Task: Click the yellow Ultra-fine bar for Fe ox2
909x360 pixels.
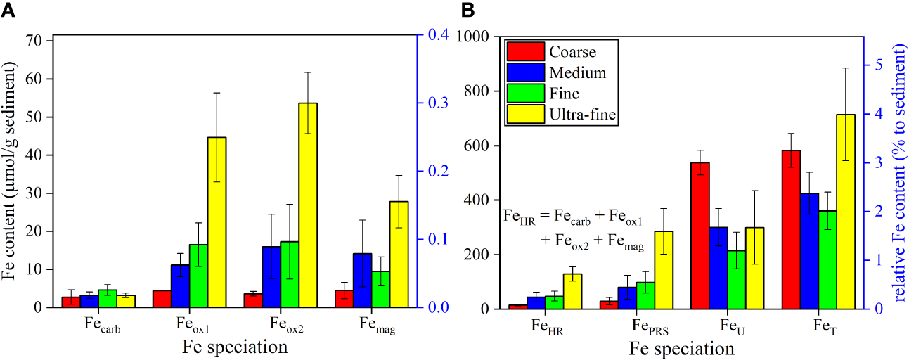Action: point(308,205)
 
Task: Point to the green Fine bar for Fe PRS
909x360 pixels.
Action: point(645,295)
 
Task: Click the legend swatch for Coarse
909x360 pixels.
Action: point(525,52)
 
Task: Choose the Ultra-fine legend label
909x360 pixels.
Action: point(584,113)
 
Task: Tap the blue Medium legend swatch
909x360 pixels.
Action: point(525,72)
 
